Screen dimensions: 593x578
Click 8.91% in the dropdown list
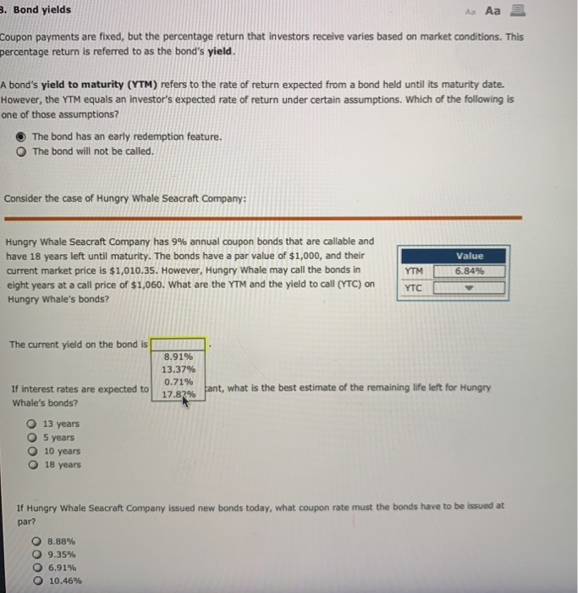(x=179, y=357)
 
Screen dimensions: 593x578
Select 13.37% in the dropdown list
(x=179, y=369)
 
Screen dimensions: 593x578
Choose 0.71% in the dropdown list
(x=179, y=382)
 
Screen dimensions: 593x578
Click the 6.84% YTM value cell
(x=469, y=271)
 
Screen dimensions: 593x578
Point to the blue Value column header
(x=469, y=255)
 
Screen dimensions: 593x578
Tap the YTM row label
(x=414, y=271)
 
